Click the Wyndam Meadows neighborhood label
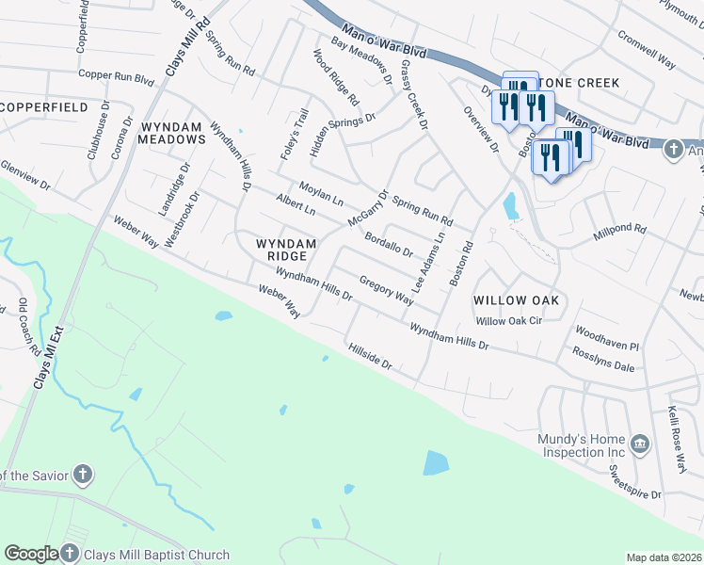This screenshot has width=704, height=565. [172, 132]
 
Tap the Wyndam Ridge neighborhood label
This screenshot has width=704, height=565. [281, 250]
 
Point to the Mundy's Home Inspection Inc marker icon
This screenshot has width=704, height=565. [640, 444]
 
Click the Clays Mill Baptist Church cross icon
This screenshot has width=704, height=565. [71, 554]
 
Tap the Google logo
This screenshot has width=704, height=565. [31, 555]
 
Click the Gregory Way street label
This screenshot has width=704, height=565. [386, 291]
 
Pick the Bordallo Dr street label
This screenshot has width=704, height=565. [388, 245]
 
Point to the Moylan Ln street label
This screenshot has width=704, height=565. [321, 194]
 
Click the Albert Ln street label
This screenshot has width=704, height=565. [296, 205]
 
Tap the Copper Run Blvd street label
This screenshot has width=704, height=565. [117, 75]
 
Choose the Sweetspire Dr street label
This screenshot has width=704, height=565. [636, 487]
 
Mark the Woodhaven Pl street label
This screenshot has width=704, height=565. [607, 340]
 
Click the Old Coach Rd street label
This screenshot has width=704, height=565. [29, 326]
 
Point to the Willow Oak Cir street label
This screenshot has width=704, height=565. [510, 321]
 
